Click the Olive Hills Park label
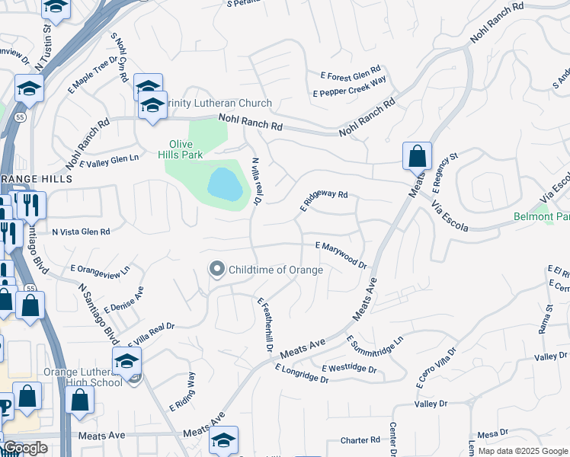(x=187, y=150)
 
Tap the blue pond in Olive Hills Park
(x=226, y=184)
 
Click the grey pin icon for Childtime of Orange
(x=217, y=269)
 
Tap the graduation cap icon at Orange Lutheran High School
(x=127, y=361)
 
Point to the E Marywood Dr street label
(x=341, y=255)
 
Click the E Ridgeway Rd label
(x=323, y=200)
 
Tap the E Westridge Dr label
(x=349, y=369)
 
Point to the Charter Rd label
(x=360, y=440)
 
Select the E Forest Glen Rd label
(x=350, y=72)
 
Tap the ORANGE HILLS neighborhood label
(x=36, y=178)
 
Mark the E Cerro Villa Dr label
(x=436, y=369)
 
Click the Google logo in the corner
(x=25, y=448)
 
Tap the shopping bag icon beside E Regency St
(x=417, y=156)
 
